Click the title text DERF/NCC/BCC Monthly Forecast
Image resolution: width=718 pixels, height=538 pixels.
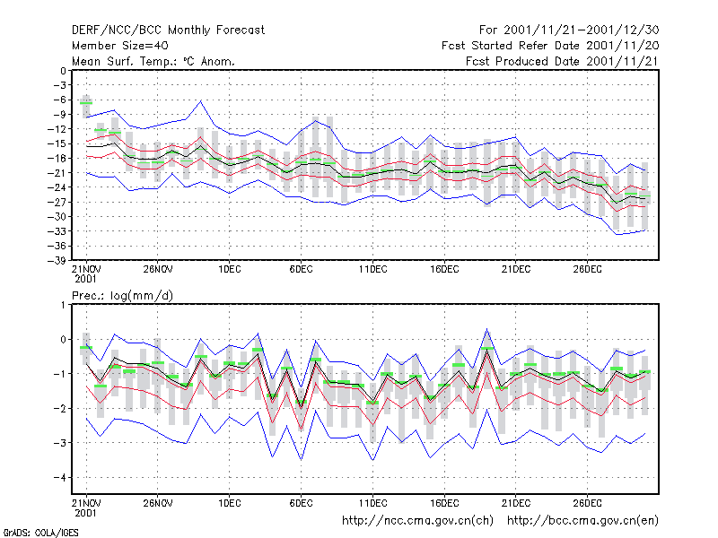tap(168, 30)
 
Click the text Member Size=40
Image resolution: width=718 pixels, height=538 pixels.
tap(120, 46)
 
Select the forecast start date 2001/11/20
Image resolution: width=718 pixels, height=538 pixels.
tap(622, 46)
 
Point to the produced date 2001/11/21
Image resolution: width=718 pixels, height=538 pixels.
tap(622, 61)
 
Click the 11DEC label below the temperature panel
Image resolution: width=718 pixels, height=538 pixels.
tap(372, 269)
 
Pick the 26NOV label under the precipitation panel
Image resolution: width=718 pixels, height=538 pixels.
tap(158, 503)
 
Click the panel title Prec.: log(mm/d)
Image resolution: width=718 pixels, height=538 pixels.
tap(122, 296)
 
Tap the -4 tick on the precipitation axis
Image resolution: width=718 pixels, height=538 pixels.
tap(59, 478)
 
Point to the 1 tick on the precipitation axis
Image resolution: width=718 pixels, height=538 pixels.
tap(63, 305)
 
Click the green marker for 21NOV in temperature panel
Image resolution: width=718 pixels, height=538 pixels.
tap(86, 103)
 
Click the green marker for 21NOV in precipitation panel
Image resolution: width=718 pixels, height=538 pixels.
tap(86, 348)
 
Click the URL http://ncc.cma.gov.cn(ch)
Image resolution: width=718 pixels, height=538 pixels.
tap(417, 521)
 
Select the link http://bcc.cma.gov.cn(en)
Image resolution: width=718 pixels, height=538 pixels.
tap(582, 521)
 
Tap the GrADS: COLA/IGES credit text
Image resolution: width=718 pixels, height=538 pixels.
tap(41, 533)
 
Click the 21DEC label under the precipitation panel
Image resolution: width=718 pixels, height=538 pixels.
tap(515, 503)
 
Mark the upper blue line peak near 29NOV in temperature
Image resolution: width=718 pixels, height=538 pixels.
tap(200, 100)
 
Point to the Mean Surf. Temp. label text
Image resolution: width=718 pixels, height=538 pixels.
tap(125, 61)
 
